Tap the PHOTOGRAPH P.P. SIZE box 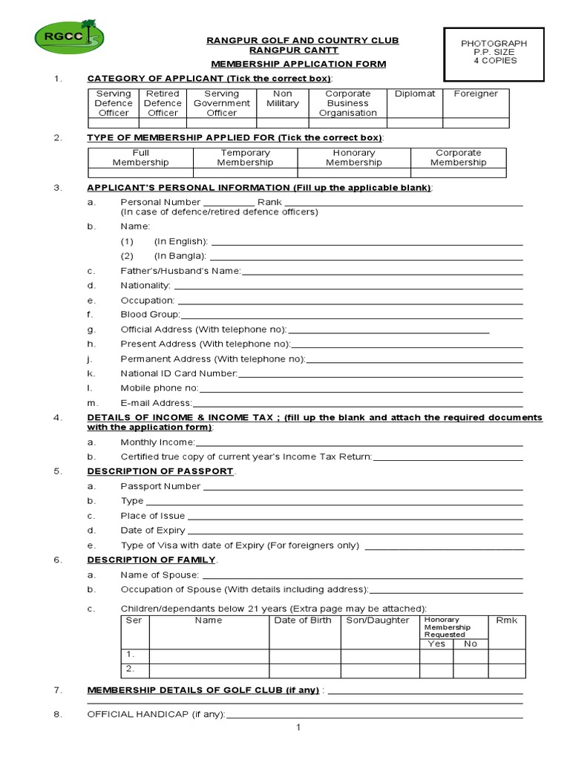coord(494,53)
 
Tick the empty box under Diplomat coord(415,123)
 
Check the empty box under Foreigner coord(476,123)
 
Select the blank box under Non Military coord(283,123)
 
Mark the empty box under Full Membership coord(140,173)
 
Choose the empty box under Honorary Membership coord(354,173)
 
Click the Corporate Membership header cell coord(458,157)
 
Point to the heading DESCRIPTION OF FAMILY coord(151,560)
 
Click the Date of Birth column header coord(303,620)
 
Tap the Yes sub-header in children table coord(436,643)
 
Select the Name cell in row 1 coord(209,655)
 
